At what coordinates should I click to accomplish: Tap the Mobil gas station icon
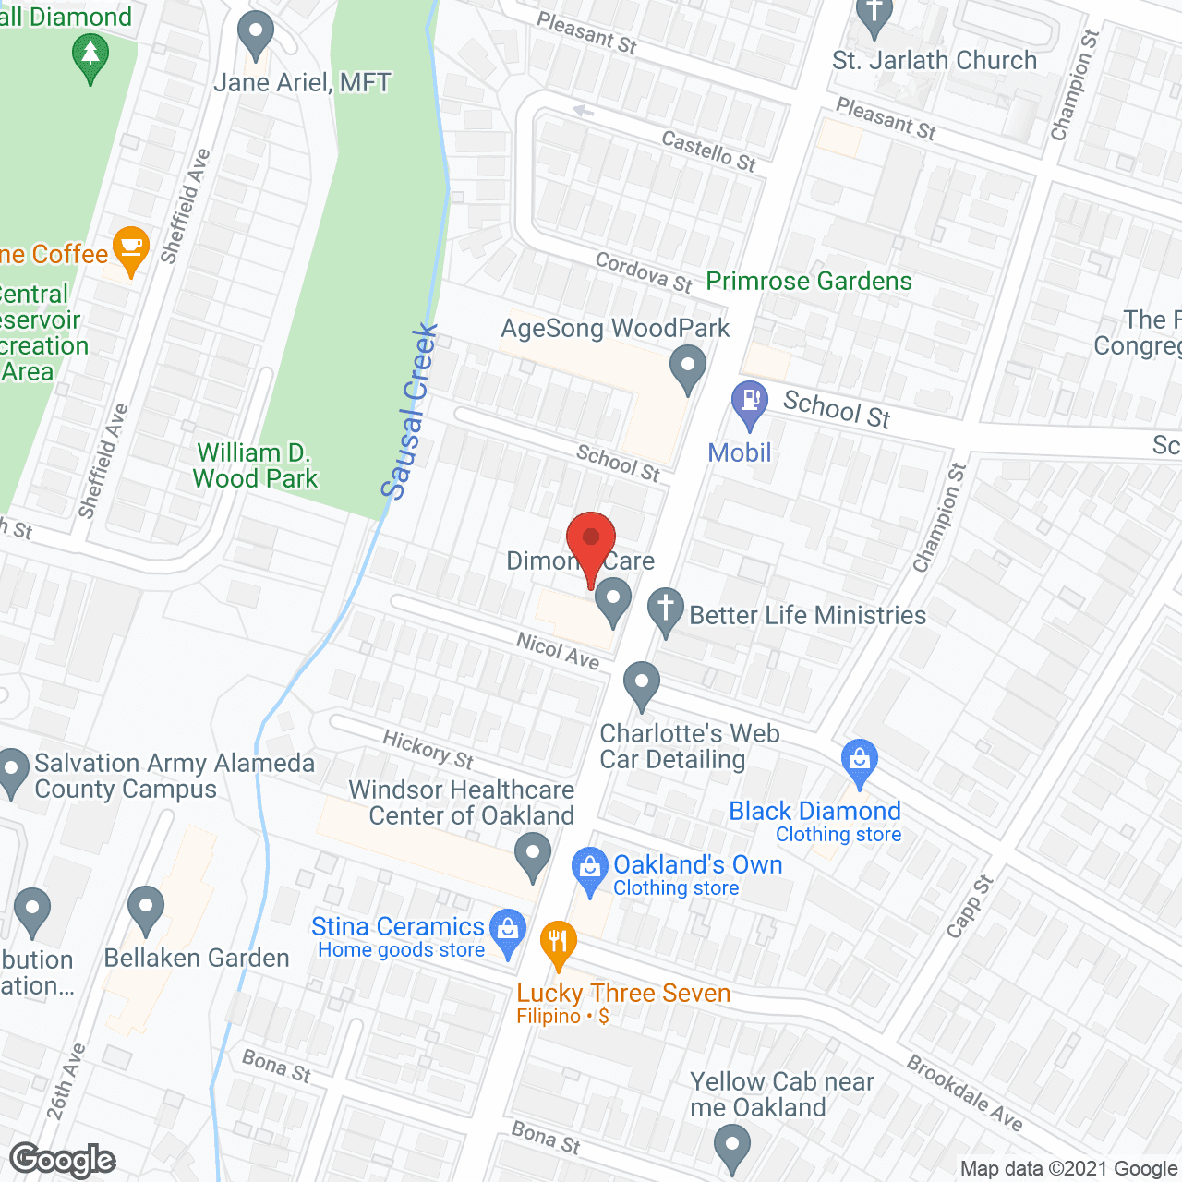point(750,403)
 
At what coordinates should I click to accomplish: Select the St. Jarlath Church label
point(935,61)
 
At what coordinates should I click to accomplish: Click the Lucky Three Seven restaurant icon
point(558,944)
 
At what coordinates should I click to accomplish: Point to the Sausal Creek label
point(410,412)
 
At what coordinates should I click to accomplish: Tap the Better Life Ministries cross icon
point(665,610)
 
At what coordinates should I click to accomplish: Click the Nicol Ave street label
point(558,650)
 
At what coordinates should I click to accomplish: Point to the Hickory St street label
point(428,749)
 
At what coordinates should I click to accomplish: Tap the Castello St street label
point(708,151)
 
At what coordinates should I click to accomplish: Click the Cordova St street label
point(644,272)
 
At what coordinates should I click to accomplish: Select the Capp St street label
point(970,906)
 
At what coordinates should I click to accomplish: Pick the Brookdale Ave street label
point(965,1093)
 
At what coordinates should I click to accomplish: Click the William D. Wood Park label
point(255,466)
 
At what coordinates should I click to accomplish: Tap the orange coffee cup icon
point(131,248)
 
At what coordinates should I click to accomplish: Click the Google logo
point(63,1160)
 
